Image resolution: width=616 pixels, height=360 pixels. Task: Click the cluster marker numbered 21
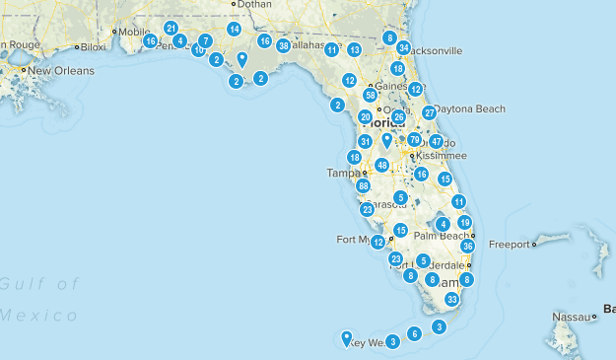pyautogui.click(x=171, y=29)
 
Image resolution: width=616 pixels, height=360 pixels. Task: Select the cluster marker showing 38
pyautogui.click(x=284, y=46)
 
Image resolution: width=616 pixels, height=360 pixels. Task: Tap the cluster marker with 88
pyautogui.click(x=364, y=185)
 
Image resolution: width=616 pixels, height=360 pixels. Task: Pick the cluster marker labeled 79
pyautogui.click(x=414, y=140)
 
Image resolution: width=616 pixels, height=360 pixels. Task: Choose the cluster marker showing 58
pyautogui.click(x=370, y=96)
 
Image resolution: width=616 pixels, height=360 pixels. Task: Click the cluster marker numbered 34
pyautogui.click(x=404, y=47)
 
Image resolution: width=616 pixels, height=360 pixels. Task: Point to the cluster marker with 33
pyautogui.click(x=451, y=299)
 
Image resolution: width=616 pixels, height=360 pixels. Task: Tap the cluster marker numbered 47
pyautogui.click(x=436, y=142)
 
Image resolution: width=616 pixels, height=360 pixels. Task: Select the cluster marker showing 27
pyautogui.click(x=429, y=113)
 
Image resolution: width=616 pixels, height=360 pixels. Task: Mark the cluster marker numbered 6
pyautogui.click(x=415, y=334)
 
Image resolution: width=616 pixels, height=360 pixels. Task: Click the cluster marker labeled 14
pyautogui.click(x=234, y=30)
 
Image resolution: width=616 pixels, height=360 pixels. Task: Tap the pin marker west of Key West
pyautogui.click(x=347, y=338)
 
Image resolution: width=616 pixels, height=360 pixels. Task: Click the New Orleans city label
pyautogui.click(x=60, y=71)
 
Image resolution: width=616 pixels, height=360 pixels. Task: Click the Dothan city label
pyautogui.click(x=253, y=5)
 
